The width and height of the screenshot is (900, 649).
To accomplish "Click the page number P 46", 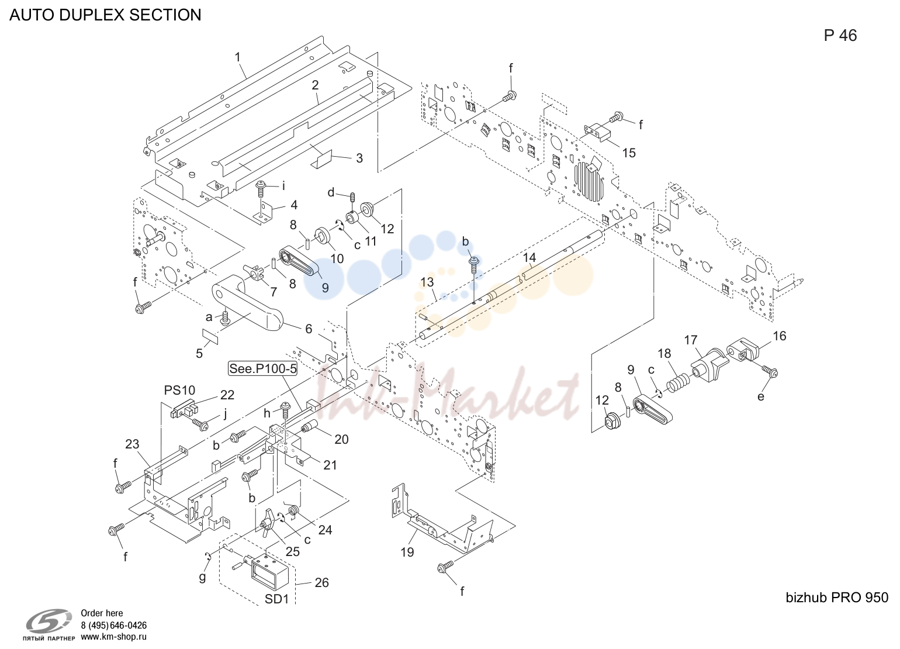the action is pyautogui.click(x=840, y=36).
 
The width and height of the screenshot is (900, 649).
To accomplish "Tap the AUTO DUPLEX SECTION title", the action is pyautogui.click(x=105, y=15).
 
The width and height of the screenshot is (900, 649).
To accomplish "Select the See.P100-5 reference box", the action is pyautogui.click(x=263, y=368).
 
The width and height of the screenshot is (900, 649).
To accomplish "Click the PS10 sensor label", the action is pyautogui.click(x=179, y=390).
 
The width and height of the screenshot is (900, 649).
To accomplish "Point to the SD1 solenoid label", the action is pyautogui.click(x=277, y=599).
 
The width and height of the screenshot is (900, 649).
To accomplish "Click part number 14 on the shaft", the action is pyautogui.click(x=529, y=258).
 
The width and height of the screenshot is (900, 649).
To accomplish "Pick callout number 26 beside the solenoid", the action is pyautogui.click(x=322, y=582).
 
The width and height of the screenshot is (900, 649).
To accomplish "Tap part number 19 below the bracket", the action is pyautogui.click(x=407, y=552).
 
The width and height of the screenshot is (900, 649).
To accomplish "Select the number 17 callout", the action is pyautogui.click(x=691, y=340).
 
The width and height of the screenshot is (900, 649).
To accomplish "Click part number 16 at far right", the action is pyautogui.click(x=780, y=336).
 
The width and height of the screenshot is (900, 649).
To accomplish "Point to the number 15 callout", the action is pyautogui.click(x=629, y=153).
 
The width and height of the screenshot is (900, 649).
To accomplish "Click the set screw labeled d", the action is pyautogui.click(x=352, y=197).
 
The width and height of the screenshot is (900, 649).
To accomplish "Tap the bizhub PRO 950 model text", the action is pyautogui.click(x=837, y=598).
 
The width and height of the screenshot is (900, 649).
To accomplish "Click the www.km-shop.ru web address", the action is pyautogui.click(x=114, y=637).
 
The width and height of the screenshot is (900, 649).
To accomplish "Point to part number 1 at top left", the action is pyautogui.click(x=238, y=57).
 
